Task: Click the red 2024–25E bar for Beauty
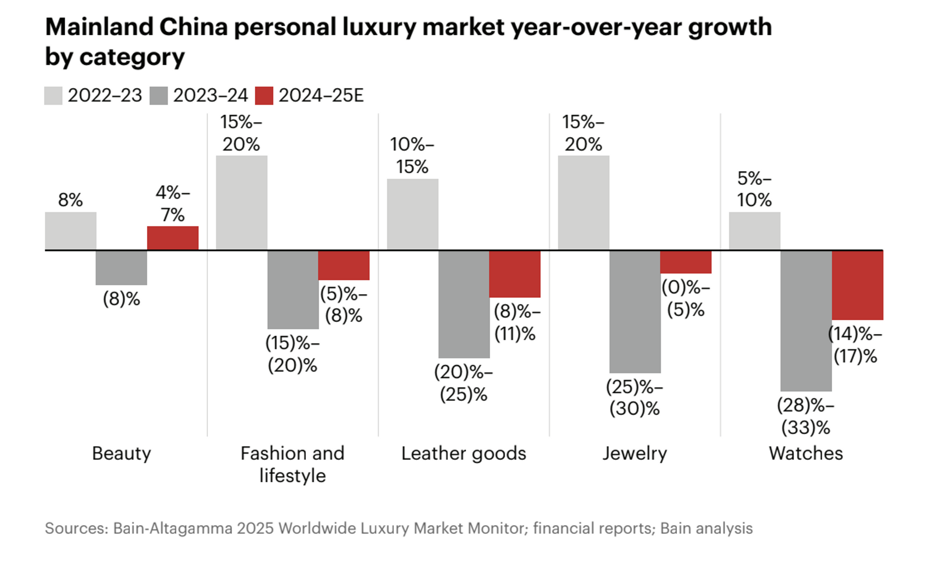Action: (x=173, y=238)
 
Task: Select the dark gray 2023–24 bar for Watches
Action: (x=806, y=321)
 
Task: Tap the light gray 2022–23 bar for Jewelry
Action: (x=583, y=203)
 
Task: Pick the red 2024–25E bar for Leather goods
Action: (x=514, y=274)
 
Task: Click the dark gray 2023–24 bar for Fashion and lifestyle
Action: (x=293, y=290)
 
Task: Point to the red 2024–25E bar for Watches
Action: (x=858, y=285)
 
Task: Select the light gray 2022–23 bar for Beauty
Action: (x=71, y=231)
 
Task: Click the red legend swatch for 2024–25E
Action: (x=264, y=96)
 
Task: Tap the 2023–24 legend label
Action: (x=210, y=96)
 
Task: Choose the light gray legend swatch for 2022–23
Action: (x=53, y=96)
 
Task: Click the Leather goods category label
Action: (x=464, y=454)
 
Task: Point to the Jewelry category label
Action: (x=634, y=454)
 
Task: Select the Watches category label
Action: (x=806, y=454)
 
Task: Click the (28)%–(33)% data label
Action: (x=806, y=416)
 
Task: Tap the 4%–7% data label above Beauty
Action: (x=173, y=204)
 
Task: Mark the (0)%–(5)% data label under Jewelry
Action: (x=686, y=298)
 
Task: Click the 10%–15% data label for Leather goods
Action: (x=412, y=155)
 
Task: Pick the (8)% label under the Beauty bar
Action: (x=121, y=299)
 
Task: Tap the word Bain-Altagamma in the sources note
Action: (x=173, y=529)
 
